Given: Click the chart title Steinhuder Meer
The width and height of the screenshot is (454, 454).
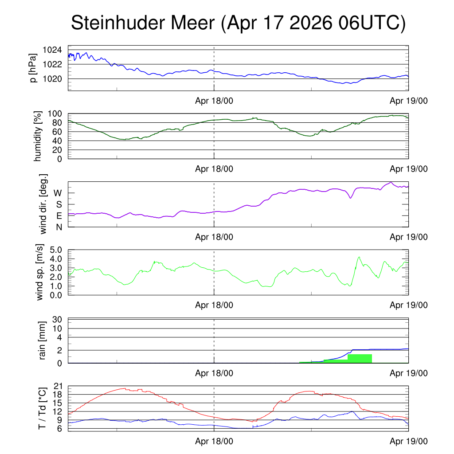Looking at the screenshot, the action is point(143,23).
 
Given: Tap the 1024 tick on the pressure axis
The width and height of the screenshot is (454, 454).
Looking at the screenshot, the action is point(52,50).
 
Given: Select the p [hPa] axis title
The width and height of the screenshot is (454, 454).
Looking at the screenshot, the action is point(33,68).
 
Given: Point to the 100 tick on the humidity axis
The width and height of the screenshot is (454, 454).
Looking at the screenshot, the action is point(55,114).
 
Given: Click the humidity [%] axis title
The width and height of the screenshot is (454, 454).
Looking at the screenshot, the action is point(38,136).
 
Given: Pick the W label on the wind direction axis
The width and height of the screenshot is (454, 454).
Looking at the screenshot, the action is point(58,193).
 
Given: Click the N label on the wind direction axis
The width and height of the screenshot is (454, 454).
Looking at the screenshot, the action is point(59,227).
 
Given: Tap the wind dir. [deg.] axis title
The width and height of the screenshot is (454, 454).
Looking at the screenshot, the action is point(43,204).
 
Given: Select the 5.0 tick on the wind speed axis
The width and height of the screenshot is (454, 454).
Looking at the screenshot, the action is point(56,250).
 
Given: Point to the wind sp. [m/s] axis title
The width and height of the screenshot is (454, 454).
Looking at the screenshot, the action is point(39,272).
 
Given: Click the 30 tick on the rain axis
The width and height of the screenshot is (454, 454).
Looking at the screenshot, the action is point(57,319).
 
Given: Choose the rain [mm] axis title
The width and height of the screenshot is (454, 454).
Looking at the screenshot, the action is point(42,340).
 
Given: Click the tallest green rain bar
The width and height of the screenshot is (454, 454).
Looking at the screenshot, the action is point(360,358).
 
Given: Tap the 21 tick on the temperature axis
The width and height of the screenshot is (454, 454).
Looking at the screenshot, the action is point(58,386).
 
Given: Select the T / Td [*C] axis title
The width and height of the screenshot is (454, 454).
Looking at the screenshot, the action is point(42,408).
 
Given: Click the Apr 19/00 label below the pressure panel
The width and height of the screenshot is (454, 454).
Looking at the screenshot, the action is point(408,101).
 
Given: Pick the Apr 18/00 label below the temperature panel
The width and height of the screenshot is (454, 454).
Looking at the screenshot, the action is point(214,441).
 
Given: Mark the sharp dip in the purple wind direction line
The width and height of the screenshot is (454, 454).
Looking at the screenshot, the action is point(351,198).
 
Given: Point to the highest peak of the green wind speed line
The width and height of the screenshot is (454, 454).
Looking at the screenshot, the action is point(359,257).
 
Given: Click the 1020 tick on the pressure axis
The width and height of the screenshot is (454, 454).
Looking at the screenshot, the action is point(52,79).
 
